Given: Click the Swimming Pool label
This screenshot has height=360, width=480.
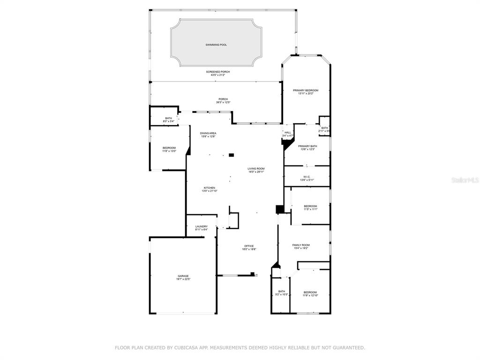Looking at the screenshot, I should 216,45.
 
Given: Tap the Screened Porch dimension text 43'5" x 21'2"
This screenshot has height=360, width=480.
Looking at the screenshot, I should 218,75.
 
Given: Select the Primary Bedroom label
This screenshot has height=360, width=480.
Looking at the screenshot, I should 306,90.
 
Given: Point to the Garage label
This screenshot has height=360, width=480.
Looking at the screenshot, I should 183,276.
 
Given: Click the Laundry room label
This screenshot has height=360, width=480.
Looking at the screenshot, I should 202,226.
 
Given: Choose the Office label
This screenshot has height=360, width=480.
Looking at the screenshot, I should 249,246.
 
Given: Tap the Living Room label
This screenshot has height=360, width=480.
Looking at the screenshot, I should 256,169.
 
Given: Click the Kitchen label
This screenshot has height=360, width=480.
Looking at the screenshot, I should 210,188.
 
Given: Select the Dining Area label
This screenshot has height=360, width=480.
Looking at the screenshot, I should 209,133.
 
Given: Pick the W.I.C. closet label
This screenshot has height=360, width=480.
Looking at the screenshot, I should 307,177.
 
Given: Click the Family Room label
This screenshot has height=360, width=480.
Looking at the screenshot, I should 301,245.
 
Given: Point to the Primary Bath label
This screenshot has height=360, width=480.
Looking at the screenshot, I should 307,146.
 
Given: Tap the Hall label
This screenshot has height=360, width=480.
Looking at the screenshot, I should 288,133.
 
